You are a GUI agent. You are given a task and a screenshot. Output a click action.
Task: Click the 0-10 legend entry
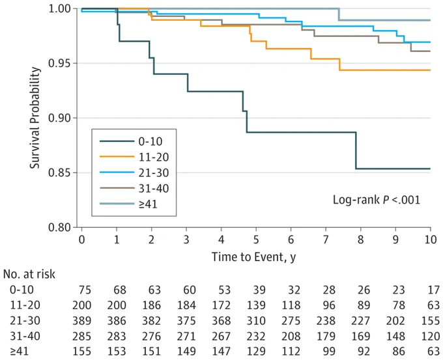[x=131, y=141]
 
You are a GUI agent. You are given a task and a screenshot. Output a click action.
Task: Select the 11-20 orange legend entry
[x=134, y=157]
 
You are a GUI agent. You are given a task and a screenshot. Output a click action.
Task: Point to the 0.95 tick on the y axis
[x=59, y=63]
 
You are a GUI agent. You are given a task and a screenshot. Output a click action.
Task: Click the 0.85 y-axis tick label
[x=59, y=173]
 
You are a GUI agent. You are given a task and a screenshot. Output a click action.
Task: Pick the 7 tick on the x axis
[x=326, y=240]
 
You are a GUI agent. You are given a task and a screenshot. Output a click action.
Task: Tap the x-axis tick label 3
[x=186, y=240]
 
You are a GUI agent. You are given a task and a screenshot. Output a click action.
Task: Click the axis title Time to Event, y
[x=253, y=257]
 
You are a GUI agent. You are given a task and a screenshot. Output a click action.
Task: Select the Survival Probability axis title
[x=35, y=118]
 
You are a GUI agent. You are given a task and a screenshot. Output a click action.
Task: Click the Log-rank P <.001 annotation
[x=377, y=200]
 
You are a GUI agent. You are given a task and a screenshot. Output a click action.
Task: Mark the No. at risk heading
[x=29, y=274]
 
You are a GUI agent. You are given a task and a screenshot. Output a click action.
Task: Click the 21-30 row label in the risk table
[x=25, y=321]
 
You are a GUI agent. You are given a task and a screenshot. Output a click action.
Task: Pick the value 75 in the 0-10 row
[x=85, y=290]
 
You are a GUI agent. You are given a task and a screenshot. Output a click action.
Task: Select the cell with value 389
[x=81, y=321]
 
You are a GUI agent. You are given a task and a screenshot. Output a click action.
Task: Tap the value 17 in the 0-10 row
[x=433, y=290]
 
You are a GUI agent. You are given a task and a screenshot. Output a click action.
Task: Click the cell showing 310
[x=256, y=321]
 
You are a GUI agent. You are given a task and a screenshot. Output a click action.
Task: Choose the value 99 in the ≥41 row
[x=329, y=352]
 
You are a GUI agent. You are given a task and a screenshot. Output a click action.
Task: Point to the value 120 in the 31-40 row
[x=430, y=337]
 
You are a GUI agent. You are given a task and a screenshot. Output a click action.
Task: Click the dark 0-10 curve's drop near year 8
[x=356, y=150]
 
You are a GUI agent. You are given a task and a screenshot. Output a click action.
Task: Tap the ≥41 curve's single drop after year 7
[x=339, y=14]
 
